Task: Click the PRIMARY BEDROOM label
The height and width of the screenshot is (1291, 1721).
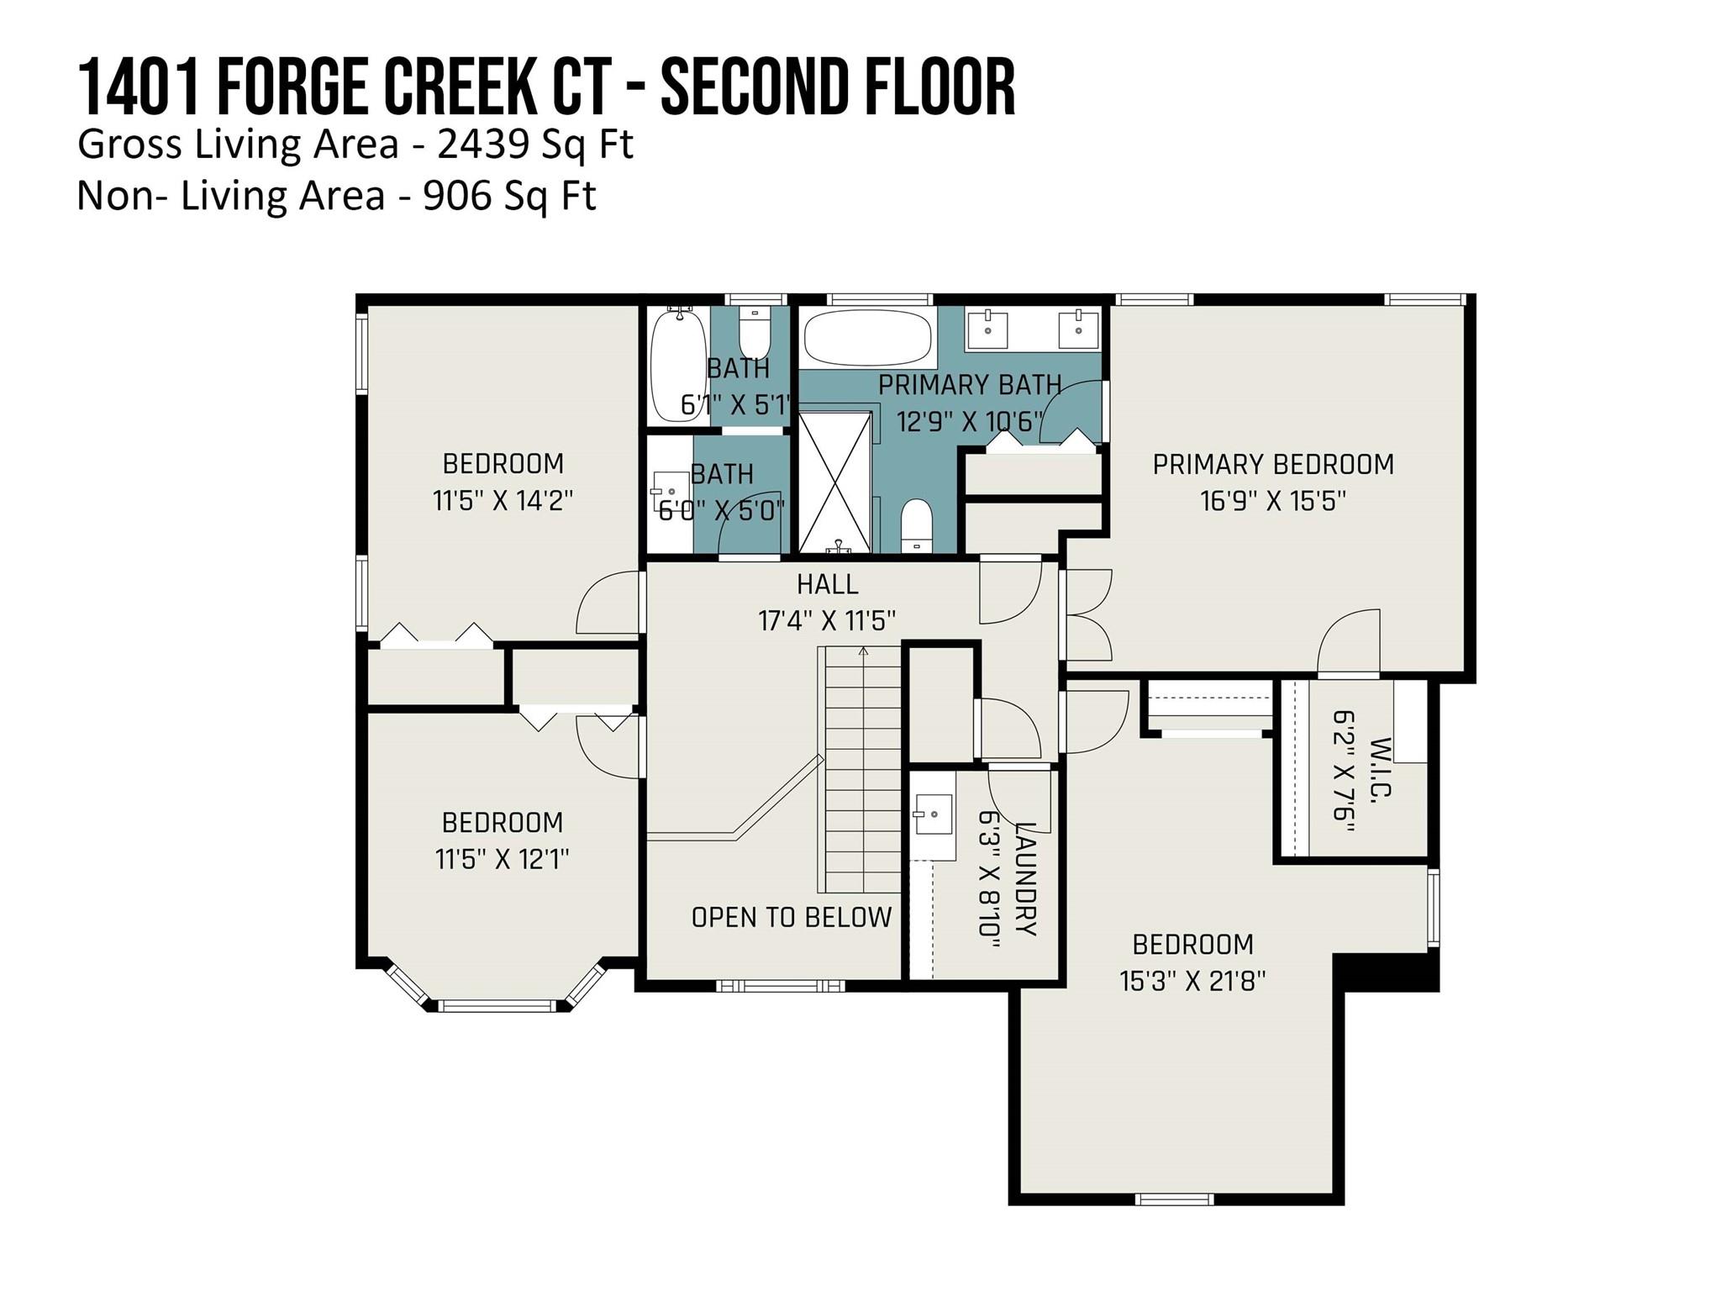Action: tap(1272, 464)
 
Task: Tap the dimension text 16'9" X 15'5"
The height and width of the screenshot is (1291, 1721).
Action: tap(1272, 501)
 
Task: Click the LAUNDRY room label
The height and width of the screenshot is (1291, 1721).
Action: tap(1026, 878)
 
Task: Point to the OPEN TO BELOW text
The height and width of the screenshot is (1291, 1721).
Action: tap(792, 917)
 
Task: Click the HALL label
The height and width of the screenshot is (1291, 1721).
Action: tap(827, 584)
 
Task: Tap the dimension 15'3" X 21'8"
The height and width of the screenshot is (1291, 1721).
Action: tap(1192, 981)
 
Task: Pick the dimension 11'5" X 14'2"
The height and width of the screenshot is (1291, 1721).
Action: tap(503, 501)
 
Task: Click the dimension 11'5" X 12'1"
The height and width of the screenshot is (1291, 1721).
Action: tap(503, 859)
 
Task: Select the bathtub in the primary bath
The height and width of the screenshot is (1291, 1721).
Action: tap(867, 336)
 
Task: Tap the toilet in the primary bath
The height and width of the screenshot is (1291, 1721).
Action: tap(916, 525)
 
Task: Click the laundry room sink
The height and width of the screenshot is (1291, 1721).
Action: tap(933, 814)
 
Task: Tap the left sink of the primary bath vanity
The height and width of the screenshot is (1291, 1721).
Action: tap(988, 329)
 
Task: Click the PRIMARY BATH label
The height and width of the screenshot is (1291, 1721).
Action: tap(970, 385)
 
